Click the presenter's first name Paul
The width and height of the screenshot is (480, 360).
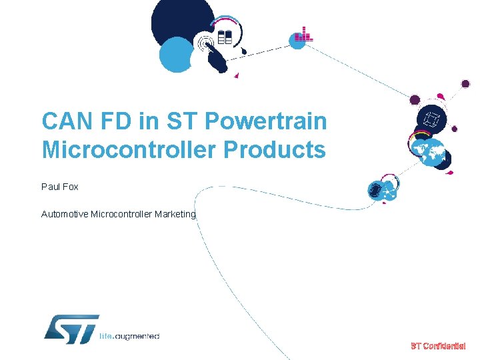coord(51,187)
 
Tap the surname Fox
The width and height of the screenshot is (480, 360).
coord(71,187)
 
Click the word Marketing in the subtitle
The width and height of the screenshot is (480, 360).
coord(175,214)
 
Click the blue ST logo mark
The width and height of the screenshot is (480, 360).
coord(71,329)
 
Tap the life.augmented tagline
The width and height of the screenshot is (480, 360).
coord(129,336)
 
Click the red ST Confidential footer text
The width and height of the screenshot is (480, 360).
coord(438,346)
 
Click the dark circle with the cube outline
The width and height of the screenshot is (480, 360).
coord(430,121)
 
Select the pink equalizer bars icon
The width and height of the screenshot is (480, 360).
coord(303,35)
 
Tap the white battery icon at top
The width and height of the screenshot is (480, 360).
coord(225,37)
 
